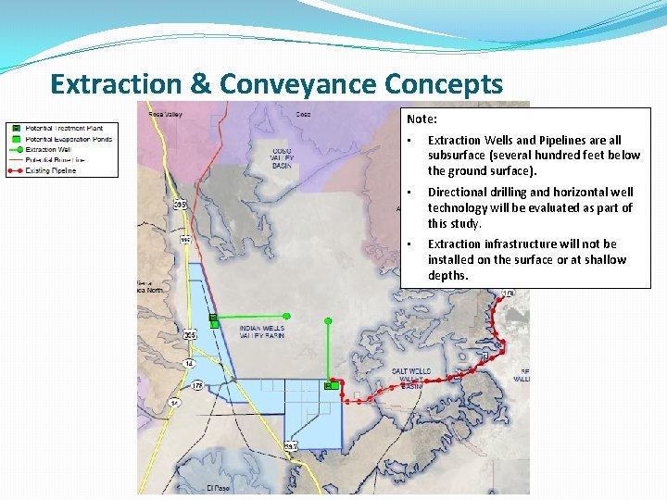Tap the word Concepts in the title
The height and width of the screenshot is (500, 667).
[444, 84]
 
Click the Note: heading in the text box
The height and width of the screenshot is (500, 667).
[422, 119]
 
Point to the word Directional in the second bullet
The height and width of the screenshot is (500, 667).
[459, 193]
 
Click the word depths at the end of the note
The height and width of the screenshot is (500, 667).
[447, 276]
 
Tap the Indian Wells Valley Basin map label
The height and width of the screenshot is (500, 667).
[261, 331]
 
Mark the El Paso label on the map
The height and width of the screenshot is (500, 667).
[219, 487]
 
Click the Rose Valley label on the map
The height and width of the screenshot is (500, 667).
[167, 115]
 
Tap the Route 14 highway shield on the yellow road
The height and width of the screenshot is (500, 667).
[189, 363]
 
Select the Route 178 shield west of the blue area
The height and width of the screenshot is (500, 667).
[196, 384]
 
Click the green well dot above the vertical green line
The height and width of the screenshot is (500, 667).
[327, 319]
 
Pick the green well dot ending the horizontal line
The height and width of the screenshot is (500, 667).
[286, 316]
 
